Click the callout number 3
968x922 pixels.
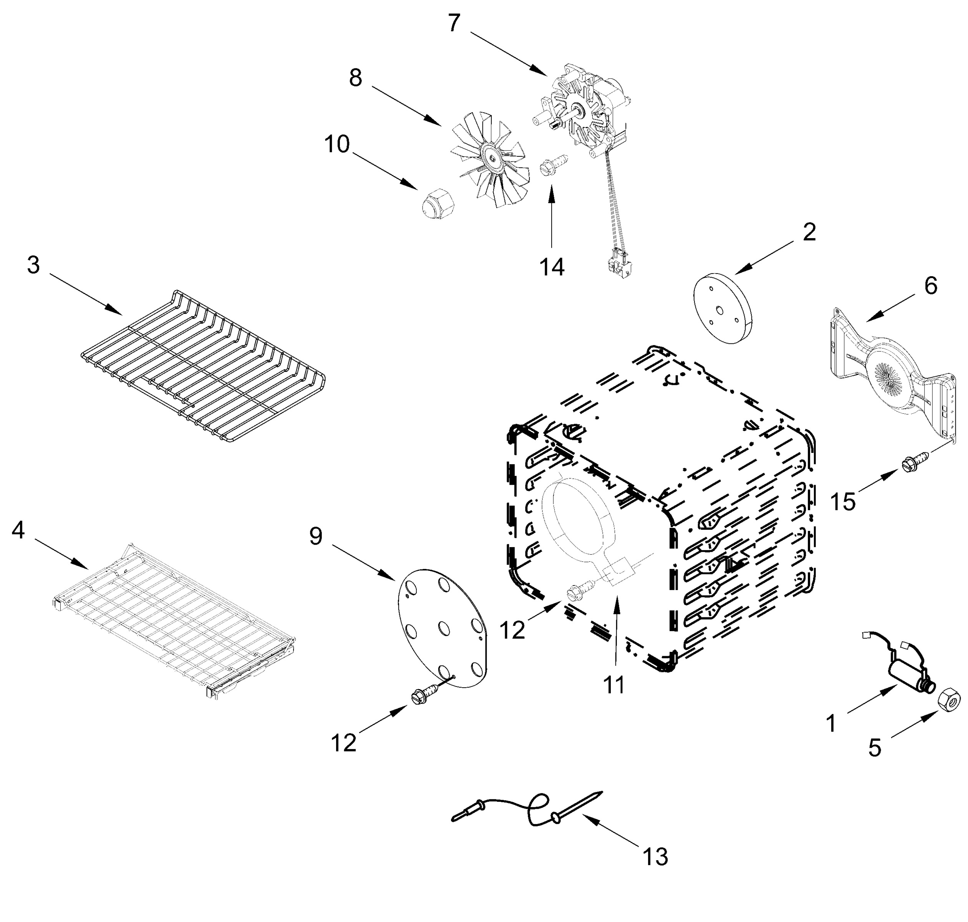[x=33, y=265]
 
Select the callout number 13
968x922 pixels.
[x=655, y=857]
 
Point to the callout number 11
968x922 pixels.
[x=614, y=685]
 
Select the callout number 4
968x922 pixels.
[x=18, y=530]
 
